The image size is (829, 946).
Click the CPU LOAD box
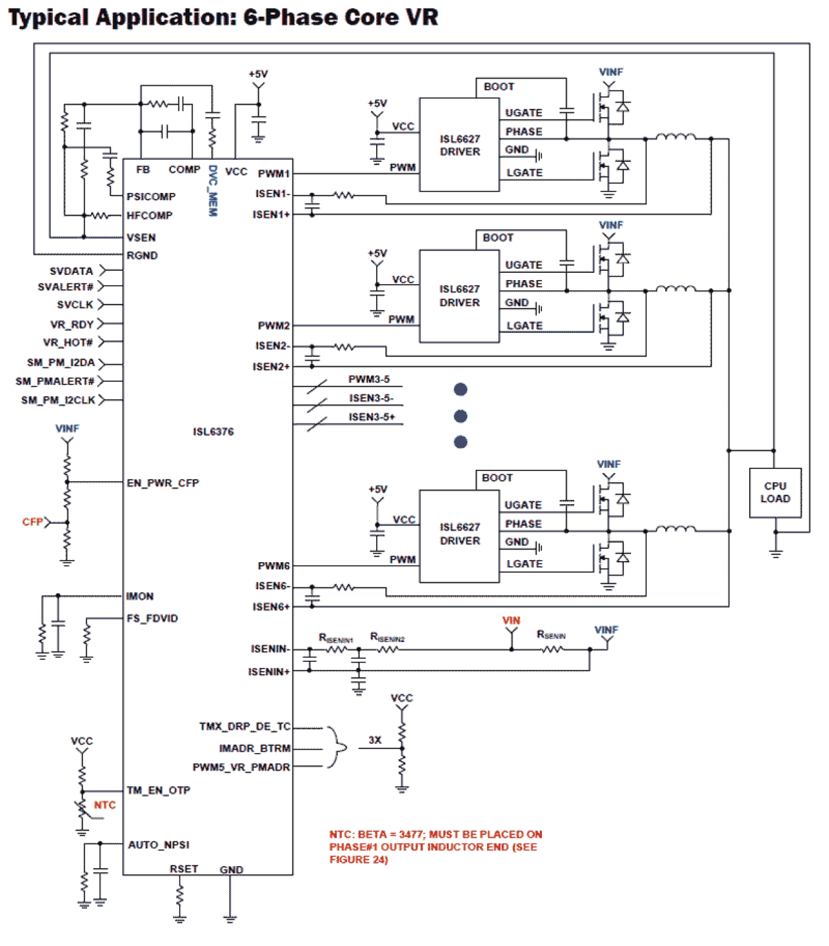click(775, 493)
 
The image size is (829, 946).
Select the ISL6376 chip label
click(213, 431)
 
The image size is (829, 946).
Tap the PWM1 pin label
click(273, 174)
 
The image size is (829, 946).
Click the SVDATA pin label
click(71, 271)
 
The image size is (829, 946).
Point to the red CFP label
click(32, 522)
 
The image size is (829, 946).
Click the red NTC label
click(104, 805)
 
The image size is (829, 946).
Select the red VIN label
click(511, 620)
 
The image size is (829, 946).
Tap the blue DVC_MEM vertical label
click(213, 191)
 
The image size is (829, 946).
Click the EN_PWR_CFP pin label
click(162, 483)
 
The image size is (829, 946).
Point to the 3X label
click(375, 740)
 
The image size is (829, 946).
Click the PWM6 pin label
click(273, 565)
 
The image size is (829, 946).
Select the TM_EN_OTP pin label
click(158, 790)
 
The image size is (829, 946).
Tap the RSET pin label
click(183, 869)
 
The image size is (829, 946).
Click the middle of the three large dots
click(461, 416)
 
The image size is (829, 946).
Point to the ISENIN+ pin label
click(269, 672)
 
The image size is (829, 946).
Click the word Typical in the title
click(48, 17)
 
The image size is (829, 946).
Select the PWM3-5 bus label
click(369, 379)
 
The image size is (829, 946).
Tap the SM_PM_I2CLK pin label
click(58, 400)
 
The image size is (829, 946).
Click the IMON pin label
click(140, 596)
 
